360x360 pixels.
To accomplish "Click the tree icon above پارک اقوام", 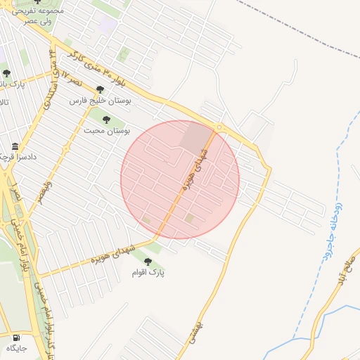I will (147, 262).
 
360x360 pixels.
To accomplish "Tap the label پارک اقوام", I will (148, 272).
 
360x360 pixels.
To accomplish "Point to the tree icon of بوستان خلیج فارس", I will (100, 90).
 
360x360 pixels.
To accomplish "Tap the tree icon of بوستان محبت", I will (107, 120).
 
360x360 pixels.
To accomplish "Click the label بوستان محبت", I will (108, 131).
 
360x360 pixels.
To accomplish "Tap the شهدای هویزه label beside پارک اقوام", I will (112, 257).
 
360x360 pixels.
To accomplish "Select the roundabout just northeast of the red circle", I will (220, 127).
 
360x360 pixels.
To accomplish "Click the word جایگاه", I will (16, 348).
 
